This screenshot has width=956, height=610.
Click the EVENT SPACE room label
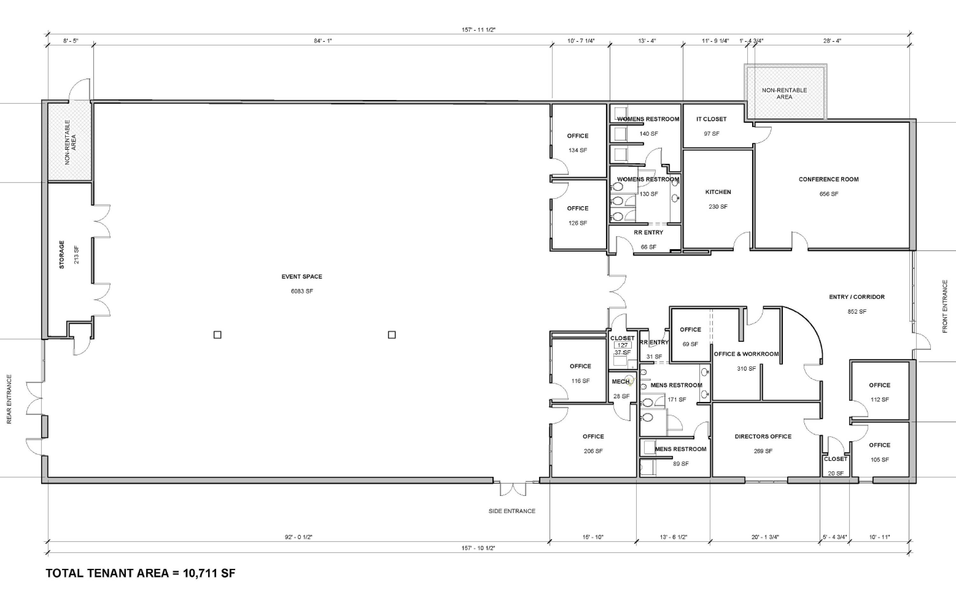point(302,276)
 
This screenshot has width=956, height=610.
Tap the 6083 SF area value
point(302,291)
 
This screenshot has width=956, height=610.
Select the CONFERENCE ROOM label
point(829,179)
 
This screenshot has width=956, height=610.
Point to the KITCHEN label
point(718,192)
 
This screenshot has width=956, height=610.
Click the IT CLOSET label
point(712,119)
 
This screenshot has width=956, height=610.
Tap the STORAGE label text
point(62,255)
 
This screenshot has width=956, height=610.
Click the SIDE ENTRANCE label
point(512,511)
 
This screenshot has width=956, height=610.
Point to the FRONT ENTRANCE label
point(945,306)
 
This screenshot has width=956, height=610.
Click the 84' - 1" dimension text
point(323,41)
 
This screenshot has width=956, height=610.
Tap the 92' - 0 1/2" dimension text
point(299,537)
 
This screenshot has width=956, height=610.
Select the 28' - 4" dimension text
point(832,41)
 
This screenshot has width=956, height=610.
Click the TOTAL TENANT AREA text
point(107,573)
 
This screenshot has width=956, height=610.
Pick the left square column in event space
point(218,335)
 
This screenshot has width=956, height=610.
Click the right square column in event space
point(392,335)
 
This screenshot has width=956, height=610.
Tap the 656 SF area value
point(829,194)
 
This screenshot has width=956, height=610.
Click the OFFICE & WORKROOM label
point(746,354)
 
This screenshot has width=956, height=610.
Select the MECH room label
point(620,382)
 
